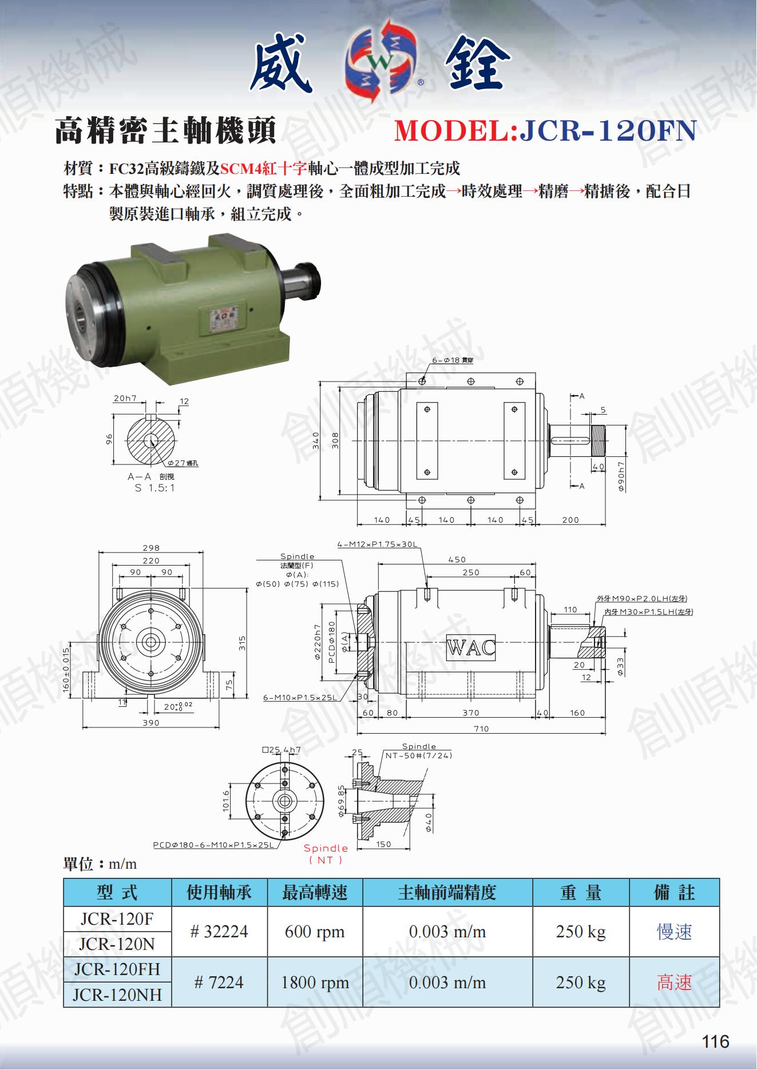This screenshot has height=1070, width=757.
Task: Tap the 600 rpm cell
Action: (x=315, y=932)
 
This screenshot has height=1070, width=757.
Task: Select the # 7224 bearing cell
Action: (x=219, y=983)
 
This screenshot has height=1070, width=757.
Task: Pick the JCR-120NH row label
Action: (x=117, y=995)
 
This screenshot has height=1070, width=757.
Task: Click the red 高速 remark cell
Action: (x=674, y=983)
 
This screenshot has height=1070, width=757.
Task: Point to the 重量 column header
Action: (x=580, y=893)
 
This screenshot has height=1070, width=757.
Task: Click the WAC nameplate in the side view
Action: (x=470, y=648)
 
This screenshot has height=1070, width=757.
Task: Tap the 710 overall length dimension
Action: (x=481, y=729)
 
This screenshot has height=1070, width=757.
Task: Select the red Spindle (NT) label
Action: (x=326, y=853)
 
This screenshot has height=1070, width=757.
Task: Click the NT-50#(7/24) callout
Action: (x=419, y=755)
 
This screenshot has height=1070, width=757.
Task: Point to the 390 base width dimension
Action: (x=151, y=723)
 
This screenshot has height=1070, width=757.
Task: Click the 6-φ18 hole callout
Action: (x=452, y=360)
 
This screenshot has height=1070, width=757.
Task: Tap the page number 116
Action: (x=716, y=1041)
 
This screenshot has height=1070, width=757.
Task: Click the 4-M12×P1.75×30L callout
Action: (x=377, y=544)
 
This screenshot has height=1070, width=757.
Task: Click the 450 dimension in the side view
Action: (x=457, y=559)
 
